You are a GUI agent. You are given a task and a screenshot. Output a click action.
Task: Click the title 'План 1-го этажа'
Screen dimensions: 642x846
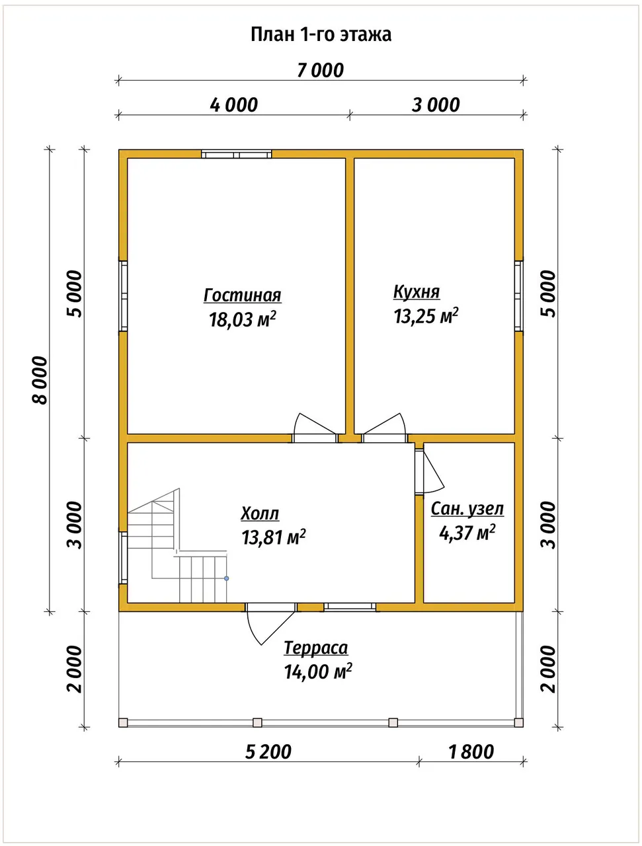coord(321,34)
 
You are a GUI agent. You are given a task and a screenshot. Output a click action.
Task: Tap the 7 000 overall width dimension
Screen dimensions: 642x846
coord(321,71)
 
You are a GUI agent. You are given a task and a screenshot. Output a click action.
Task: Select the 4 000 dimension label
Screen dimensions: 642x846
coord(233,105)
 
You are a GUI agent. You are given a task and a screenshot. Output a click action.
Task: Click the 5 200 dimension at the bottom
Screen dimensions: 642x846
coord(268,751)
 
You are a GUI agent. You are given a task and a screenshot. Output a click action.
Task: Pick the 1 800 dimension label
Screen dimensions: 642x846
coord(471,751)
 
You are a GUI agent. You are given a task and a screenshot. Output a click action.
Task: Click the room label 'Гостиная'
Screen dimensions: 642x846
coord(243,295)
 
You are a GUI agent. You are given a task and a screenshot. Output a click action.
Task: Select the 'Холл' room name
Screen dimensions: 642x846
coord(260,514)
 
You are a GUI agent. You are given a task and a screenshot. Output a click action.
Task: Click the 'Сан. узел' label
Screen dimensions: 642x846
coord(467,509)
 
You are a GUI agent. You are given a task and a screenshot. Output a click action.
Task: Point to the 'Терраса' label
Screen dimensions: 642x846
coord(316,648)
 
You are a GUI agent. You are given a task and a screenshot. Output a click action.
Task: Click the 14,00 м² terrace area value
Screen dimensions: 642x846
coord(318,672)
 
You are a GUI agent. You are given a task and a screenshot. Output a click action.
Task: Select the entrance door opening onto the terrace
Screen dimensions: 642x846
coord(271,622)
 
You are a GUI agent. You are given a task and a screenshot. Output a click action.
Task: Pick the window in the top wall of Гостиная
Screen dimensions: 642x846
coord(236,154)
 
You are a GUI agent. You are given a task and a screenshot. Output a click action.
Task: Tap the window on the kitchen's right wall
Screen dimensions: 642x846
coord(519,296)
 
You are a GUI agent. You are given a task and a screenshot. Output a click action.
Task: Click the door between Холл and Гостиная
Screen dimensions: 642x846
coord(315,428)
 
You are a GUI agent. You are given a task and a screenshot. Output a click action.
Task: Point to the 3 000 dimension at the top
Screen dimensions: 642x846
coord(436,105)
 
